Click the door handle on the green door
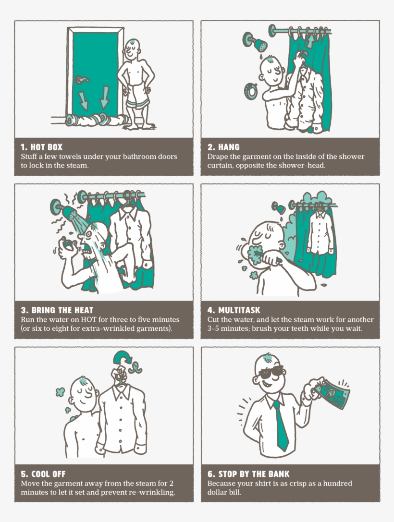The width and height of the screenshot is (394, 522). point(82,80)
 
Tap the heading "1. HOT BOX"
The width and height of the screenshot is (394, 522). point(42,147)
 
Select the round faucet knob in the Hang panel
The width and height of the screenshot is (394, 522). point(250,91)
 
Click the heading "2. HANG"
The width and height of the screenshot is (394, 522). point(223,147)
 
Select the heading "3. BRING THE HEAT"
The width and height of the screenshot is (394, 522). point(57,310)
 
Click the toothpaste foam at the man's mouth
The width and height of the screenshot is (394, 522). point(254,255)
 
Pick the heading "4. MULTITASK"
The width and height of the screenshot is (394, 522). point(234,310)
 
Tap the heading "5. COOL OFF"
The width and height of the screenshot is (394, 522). point(43,474)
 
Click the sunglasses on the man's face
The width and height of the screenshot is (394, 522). point(271,372)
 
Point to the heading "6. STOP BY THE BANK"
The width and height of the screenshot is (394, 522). point(248,474)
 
